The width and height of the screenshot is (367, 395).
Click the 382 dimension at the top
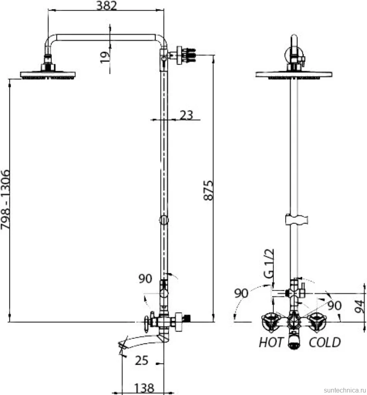click(x=107, y=6)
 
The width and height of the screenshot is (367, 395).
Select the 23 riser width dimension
click(x=186, y=115)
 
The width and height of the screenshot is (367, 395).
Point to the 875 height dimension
click(x=208, y=191)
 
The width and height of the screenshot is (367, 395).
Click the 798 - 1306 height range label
click(x=5, y=200)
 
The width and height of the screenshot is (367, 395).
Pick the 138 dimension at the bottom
click(x=144, y=388)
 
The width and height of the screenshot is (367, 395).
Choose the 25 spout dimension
click(x=141, y=360)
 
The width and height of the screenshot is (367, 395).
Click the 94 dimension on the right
click(x=359, y=306)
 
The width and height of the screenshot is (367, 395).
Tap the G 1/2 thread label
click(x=269, y=263)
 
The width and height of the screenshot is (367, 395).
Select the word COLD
click(x=325, y=342)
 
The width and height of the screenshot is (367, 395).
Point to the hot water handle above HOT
click(x=270, y=322)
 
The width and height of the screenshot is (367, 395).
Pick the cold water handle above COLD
click(x=317, y=322)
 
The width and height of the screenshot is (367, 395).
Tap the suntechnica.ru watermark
click(x=344, y=390)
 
